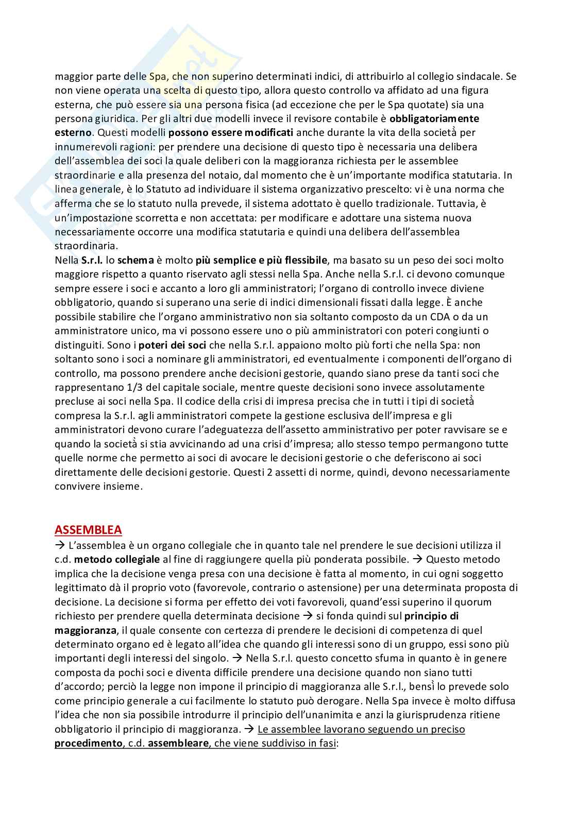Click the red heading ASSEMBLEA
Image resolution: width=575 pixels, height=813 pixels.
pos(88,530)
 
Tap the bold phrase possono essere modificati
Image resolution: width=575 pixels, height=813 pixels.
pos(247,132)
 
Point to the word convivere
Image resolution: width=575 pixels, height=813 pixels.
pos(76,487)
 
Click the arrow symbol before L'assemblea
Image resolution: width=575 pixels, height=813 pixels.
pos(59,545)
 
